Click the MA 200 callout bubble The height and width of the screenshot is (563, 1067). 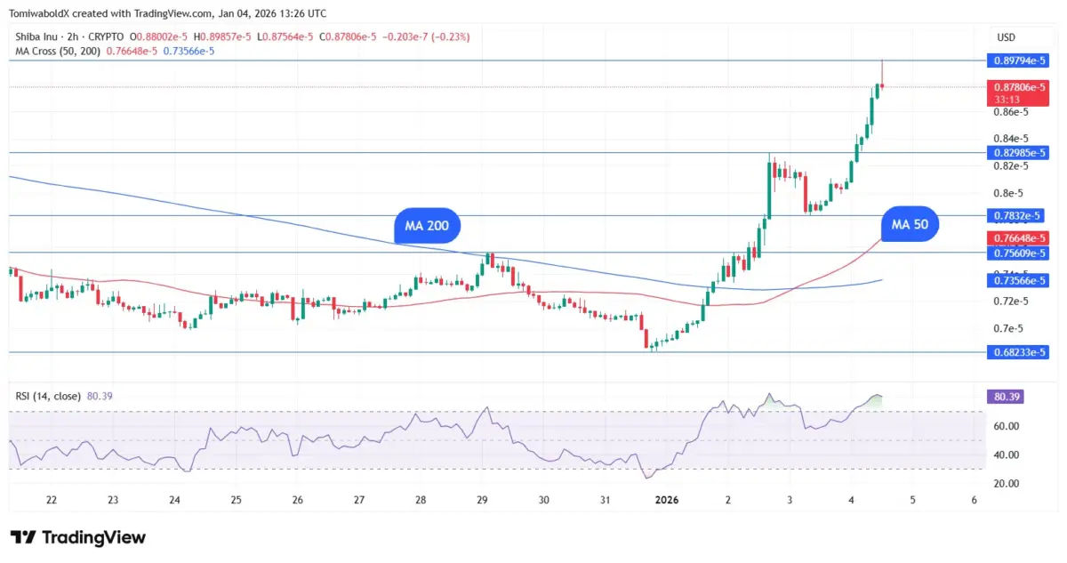[427, 227]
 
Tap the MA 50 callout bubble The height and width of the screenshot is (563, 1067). [910, 225]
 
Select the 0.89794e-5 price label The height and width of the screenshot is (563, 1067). [1017, 60]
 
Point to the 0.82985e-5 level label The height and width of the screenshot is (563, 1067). [1017, 153]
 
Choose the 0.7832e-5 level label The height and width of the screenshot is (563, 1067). [1017, 216]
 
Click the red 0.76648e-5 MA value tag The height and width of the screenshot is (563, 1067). [1017, 238]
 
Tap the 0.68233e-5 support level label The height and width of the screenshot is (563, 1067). [1017, 352]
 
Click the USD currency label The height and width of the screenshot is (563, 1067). [1007, 37]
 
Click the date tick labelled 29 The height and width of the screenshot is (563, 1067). [482, 500]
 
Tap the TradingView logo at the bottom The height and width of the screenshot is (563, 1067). [77, 537]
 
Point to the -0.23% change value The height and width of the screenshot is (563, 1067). [453, 36]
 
